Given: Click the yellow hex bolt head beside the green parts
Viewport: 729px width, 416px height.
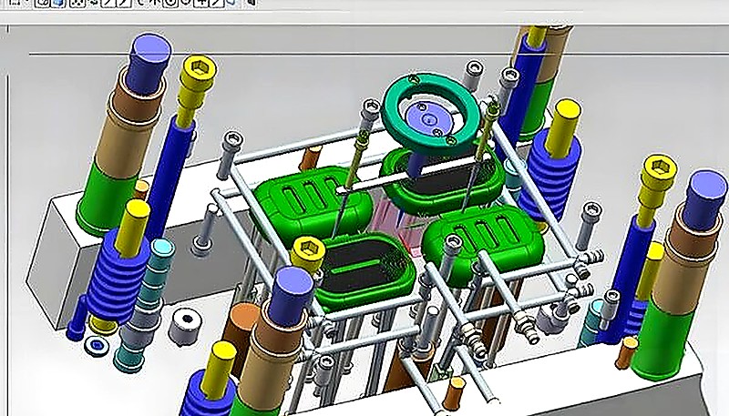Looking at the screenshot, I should tap(309, 249).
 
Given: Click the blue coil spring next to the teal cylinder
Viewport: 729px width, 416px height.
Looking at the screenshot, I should tap(128, 264).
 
